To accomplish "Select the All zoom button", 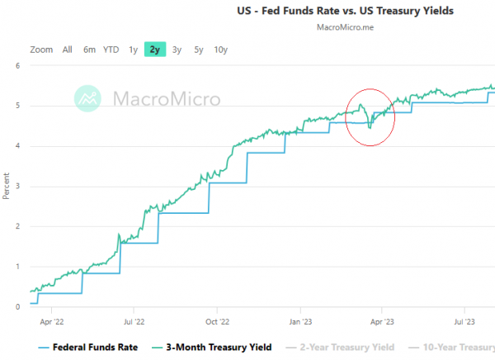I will tap(68, 50).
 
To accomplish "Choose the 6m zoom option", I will tap(89, 50).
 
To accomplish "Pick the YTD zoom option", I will tap(111, 50).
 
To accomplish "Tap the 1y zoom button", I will tap(133, 50).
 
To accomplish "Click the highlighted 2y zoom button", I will tap(154, 50).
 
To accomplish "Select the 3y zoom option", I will tap(177, 50).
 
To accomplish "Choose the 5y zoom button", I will tap(198, 50).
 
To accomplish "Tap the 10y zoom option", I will tap(220, 50).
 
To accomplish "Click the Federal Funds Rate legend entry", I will tap(87, 348).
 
